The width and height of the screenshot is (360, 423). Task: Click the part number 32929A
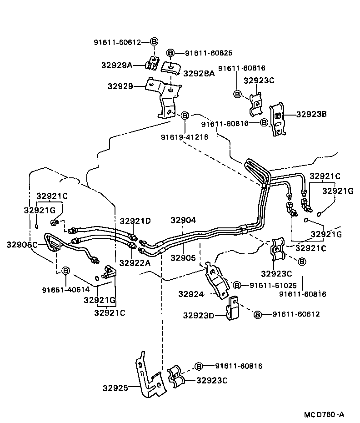pos(116,65)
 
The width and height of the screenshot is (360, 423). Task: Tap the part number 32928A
pos(199,73)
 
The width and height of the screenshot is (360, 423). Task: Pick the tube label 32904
pos(183,220)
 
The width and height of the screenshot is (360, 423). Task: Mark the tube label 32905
pos(183,258)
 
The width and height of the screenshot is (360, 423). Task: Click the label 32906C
pos(22,245)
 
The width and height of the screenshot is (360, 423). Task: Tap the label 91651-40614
pos(65,289)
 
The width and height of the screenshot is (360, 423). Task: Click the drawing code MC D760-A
pos(324,414)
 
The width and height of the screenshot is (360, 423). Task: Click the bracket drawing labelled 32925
pos(148,375)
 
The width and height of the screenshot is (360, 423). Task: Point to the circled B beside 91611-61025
pos(236,285)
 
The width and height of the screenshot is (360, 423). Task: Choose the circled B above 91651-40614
pos(65,271)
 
